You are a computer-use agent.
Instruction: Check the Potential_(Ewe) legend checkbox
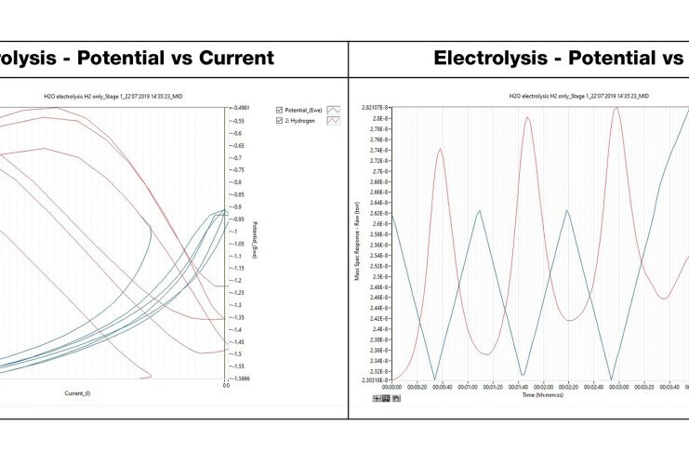pos(280,109)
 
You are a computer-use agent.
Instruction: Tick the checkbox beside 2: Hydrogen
pos(280,121)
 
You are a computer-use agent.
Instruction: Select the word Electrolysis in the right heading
pos(491,58)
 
